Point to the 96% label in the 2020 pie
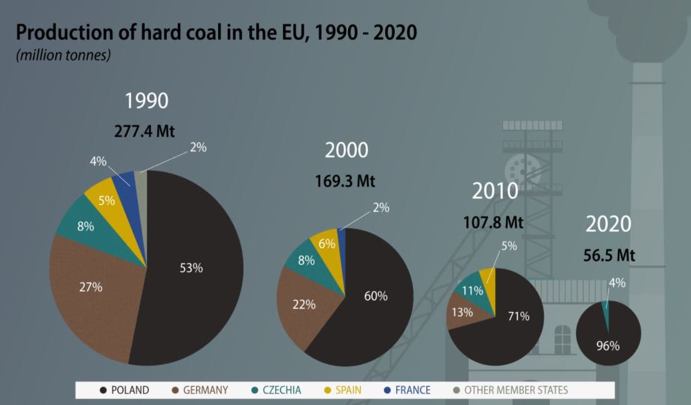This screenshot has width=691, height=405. [607, 346]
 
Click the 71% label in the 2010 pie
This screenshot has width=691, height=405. [517, 316]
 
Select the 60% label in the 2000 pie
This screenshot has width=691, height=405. [376, 296]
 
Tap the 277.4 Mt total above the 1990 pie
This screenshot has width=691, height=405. [144, 132]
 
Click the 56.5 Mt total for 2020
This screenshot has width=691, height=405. [609, 255]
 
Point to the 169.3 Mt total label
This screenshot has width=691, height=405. [345, 181]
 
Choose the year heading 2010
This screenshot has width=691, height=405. [495, 191]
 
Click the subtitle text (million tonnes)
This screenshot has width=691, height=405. [63, 55]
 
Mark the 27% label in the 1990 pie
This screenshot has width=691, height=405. [91, 287]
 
